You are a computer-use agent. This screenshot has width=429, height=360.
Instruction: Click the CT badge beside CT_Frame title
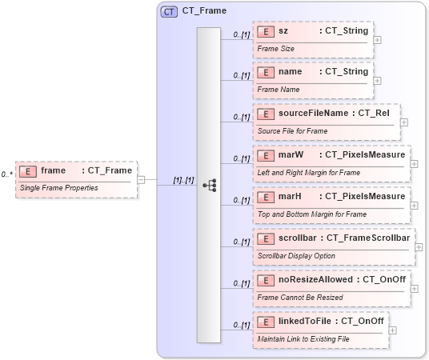169,11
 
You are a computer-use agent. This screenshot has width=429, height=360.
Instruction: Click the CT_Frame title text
204,11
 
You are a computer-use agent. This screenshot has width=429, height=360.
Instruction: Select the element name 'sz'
283,30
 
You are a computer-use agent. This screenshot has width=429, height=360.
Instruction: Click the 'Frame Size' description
276,49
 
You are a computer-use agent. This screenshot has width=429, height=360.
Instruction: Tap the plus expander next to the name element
377,81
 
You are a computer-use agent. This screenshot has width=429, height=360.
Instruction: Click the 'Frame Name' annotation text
279,90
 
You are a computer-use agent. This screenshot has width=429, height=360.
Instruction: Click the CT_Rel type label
373,114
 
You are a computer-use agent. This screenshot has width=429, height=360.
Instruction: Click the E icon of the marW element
267,154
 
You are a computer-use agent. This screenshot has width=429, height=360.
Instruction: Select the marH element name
290,196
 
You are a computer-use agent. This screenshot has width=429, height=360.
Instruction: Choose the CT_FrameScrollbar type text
368,238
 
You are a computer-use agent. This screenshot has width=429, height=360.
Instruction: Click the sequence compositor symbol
209,185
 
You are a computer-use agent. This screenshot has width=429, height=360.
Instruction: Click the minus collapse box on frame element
142,179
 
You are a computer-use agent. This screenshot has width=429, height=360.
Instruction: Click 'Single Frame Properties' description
58,188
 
